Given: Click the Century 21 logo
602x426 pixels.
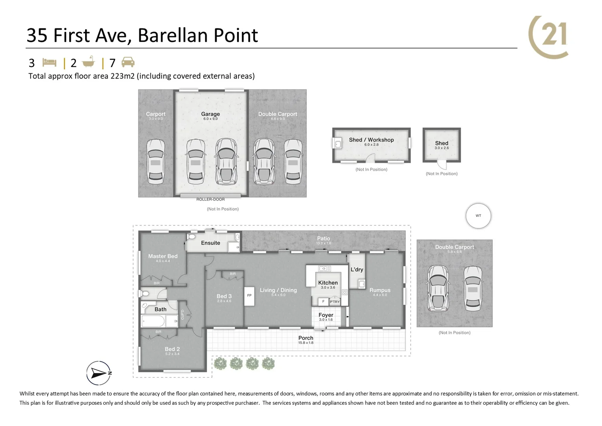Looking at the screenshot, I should [549, 37].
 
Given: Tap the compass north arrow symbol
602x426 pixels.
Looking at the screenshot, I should [98, 372].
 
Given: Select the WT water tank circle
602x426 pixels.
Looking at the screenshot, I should [478, 216].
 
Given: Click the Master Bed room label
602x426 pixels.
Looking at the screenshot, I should [163, 256].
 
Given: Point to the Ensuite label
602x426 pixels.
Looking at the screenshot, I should [210, 243].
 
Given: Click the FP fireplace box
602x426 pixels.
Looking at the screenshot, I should [249, 295].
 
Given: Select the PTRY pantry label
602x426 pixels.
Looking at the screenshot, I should [334, 302].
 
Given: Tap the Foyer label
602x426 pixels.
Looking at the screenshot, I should [326, 315].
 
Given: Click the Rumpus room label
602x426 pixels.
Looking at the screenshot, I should [380, 290].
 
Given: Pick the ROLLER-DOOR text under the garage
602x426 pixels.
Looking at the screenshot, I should [210, 200].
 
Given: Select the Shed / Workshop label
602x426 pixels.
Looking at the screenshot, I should [371, 140].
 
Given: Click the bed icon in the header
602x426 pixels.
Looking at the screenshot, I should [50, 63].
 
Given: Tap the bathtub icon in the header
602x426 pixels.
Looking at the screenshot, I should [89, 62].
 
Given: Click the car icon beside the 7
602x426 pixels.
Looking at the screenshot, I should [128, 62].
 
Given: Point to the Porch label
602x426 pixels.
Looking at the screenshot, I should [306, 338].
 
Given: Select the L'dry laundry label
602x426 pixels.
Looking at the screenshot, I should [357, 269].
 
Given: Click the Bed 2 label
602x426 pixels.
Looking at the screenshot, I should [172, 349].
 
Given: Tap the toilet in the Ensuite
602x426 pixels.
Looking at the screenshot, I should [192, 236].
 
